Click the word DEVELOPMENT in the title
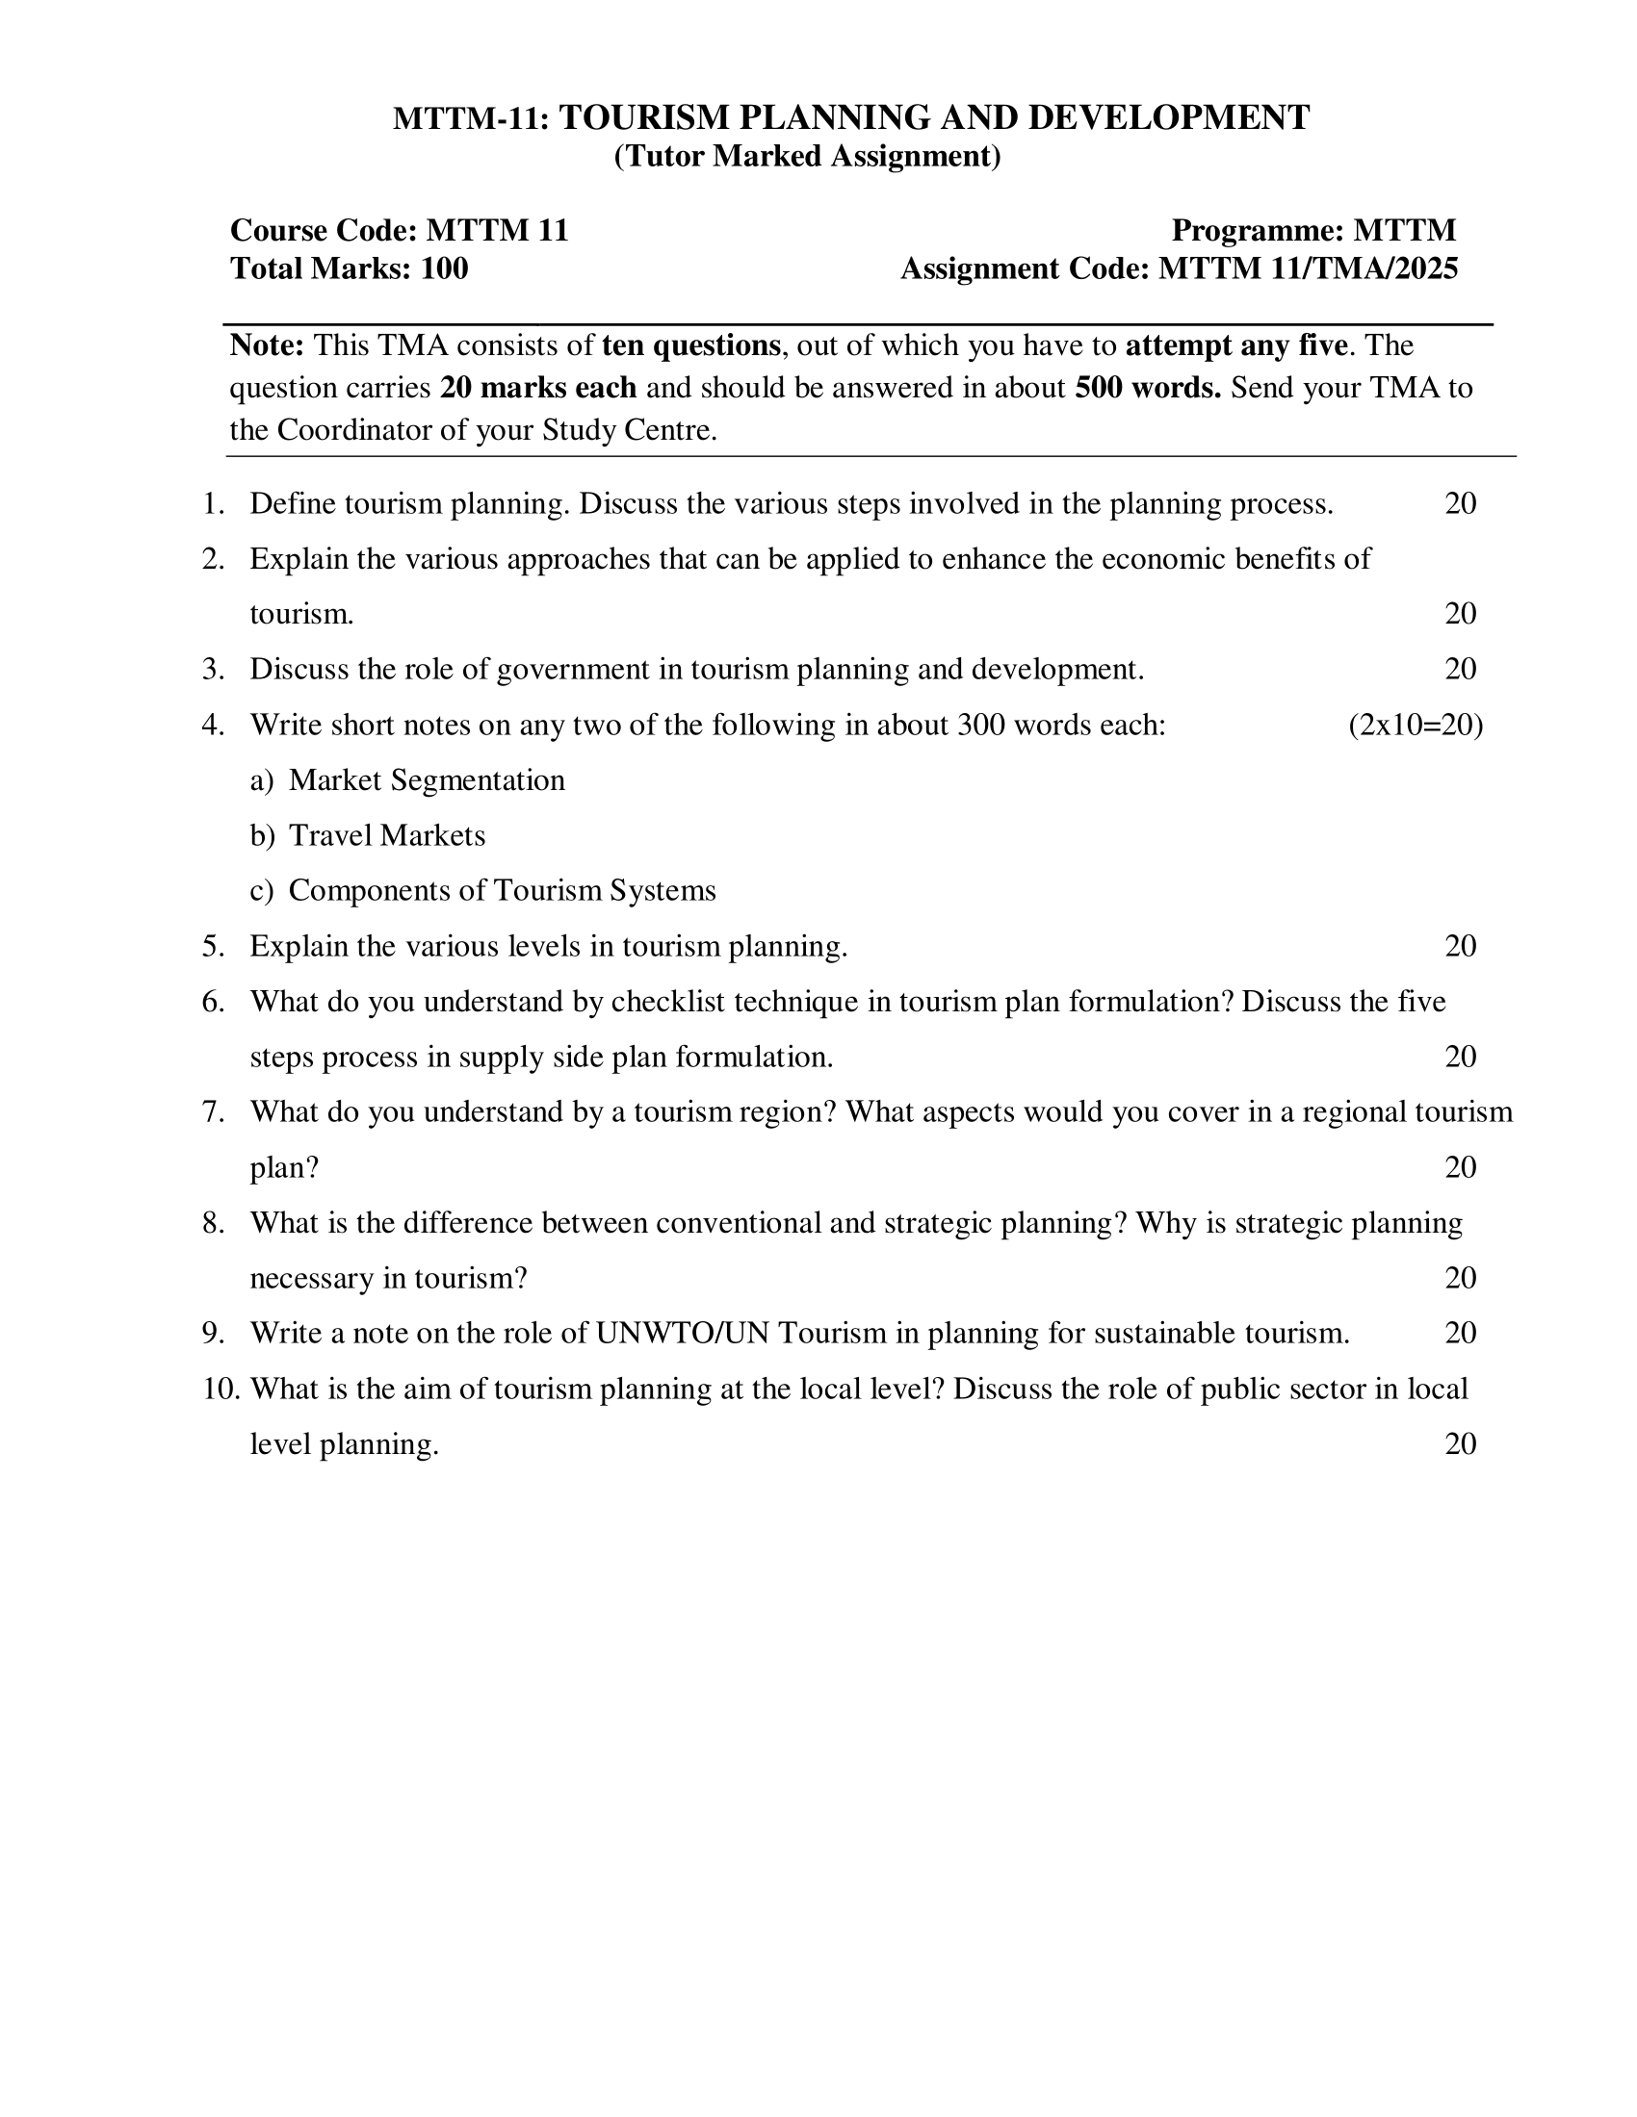pyautogui.click(x=1169, y=117)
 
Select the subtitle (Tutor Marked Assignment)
pyautogui.click(x=807, y=156)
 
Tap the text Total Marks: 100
pyautogui.click(x=350, y=268)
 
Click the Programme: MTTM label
pyautogui.click(x=1313, y=231)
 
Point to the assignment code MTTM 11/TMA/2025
pyautogui.click(x=1309, y=268)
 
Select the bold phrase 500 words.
pyautogui.click(x=1147, y=388)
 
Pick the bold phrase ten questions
pyautogui.click(x=690, y=345)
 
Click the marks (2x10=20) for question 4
pyautogui.click(x=1415, y=725)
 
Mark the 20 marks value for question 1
pyautogui.click(x=1460, y=504)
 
